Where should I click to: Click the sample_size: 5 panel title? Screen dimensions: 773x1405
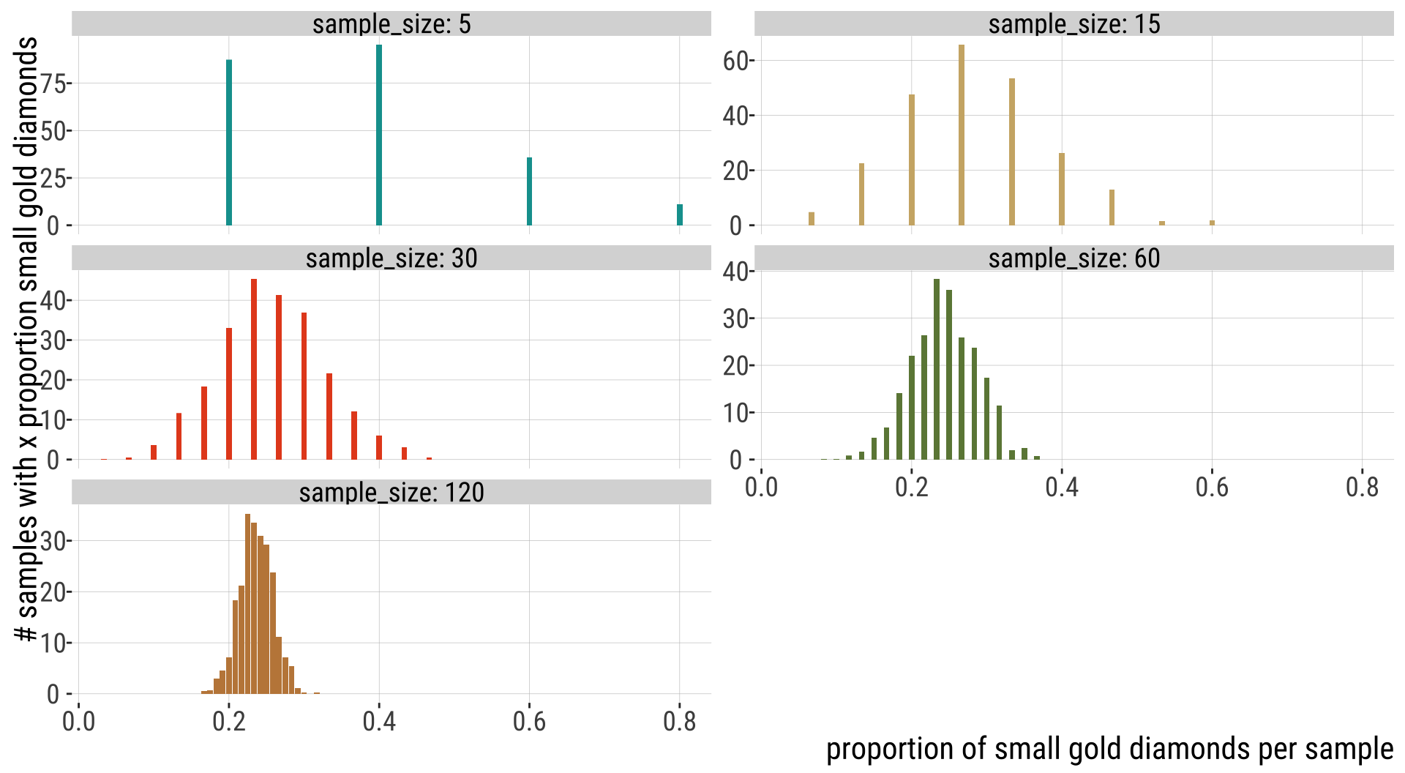[391, 24]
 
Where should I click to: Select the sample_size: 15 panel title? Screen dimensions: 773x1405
[1074, 24]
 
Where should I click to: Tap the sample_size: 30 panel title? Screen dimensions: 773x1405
[391, 258]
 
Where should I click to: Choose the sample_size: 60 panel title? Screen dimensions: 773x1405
[1074, 258]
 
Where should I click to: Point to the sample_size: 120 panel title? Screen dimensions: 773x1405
[391, 493]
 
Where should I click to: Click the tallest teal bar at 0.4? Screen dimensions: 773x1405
[379, 135]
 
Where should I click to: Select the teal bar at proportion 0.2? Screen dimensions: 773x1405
[229, 143]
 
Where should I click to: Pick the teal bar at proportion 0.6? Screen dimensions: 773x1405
[529, 191]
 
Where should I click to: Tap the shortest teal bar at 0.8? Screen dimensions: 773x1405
[680, 214]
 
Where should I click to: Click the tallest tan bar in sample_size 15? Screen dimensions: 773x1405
[962, 135]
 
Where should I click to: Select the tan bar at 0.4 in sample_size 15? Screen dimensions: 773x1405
[1062, 189]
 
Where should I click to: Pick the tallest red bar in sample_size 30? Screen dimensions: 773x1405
[254, 370]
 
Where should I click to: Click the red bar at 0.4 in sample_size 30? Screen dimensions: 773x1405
[379, 447]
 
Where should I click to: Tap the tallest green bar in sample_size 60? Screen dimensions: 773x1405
[937, 370]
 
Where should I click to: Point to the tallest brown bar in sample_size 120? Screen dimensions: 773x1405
[247, 604]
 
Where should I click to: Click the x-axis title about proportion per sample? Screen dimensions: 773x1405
[1109, 750]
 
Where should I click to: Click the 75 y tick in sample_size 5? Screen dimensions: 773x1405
[53, 83]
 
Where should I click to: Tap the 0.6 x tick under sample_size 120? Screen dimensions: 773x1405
[529, 722]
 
